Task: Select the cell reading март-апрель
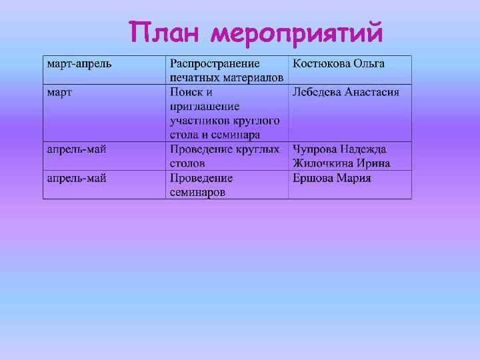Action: tap(79, 64)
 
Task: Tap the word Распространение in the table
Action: tap(215, 64)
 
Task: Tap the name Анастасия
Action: tap(372, 92)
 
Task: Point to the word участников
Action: tap(199, 121)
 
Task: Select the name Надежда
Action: tap(365, 149)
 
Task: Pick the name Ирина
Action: tap(376, 163)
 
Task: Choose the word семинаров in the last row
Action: tap(197, 192)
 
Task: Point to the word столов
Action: tap(187, 163)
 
